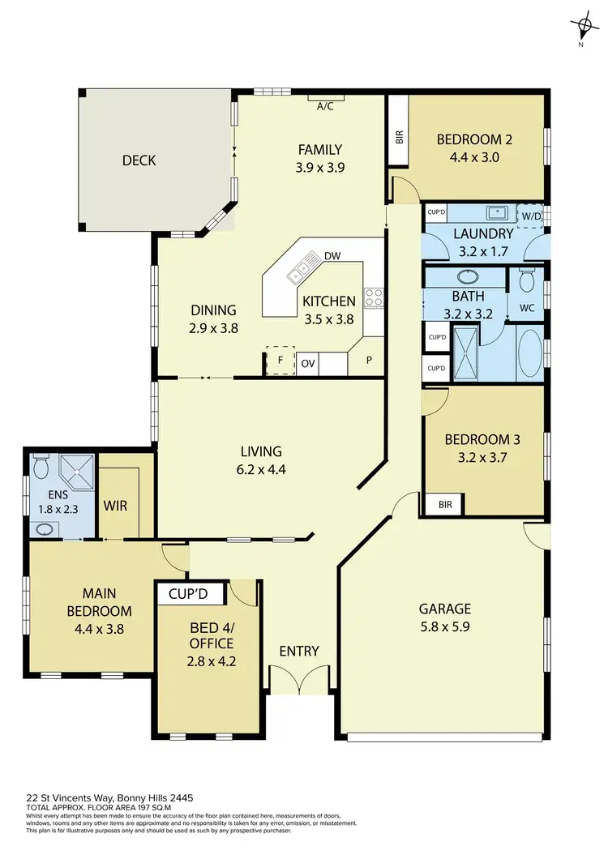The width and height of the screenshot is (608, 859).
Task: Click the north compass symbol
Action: tap(581, 28)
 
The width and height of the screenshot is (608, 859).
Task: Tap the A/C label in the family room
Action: tap(326, 105)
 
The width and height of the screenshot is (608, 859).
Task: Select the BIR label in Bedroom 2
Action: tap(399, 135)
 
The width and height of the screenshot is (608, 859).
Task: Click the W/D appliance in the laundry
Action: tap(531, 216)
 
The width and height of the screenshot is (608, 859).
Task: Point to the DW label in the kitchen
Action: tap(332, 256)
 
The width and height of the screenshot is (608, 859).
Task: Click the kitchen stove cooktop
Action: tap(373, 297)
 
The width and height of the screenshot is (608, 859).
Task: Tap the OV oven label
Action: tap(308, 363)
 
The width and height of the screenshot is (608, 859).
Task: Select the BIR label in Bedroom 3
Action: tap(445, 504)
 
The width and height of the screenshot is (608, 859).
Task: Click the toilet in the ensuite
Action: tap(42, 467)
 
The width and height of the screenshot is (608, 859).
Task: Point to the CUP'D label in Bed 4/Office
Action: tap(188, 594)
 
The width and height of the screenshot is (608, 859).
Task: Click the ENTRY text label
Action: tap(299, 651)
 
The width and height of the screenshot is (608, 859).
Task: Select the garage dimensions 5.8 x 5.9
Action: tap(445, 628)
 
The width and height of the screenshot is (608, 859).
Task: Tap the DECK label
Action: tap(139, 160)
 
